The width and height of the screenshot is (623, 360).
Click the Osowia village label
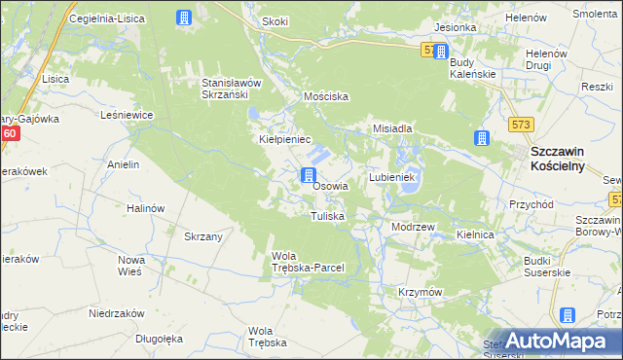(x=331, y=186)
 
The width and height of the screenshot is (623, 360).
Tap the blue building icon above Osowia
(x=308, y=176)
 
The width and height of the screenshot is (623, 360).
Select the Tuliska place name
(x=327, y=216)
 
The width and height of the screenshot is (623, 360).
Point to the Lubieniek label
(x=392, y=178)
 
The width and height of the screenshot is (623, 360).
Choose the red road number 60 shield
(x=10, y=133)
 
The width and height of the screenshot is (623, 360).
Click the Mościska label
(x=326, y=97)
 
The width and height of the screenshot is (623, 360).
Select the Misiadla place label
(x=393, y=128)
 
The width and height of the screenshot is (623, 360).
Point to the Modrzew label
(x=412, y=226)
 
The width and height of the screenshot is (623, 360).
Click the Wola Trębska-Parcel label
(x=307, y=262)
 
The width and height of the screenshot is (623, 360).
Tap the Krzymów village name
(x=421, y=292)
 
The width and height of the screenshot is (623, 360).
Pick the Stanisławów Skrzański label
(x=234, y=88)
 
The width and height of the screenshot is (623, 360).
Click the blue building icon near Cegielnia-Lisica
(x=184, y=18)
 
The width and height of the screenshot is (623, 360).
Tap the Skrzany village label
(x=204, y=236)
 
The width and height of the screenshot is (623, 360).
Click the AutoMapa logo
(x=558, y=340)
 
